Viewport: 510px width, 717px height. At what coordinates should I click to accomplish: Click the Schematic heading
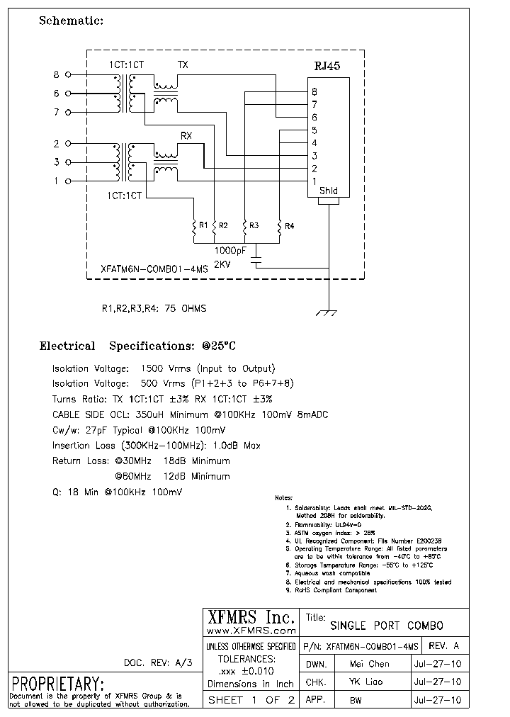[71, 21]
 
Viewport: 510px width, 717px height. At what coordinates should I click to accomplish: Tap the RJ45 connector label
[327, 67]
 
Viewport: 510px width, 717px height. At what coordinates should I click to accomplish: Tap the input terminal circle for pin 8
[68, 74]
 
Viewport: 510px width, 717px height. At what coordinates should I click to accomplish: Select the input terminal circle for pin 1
[68, 181]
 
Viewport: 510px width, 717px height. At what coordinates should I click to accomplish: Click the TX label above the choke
[183, 64]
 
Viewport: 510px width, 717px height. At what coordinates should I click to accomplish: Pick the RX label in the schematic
[186, 136]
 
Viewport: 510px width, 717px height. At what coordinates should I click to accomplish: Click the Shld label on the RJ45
[329, 191]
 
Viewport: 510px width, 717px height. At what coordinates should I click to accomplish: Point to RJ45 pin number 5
[314, 130]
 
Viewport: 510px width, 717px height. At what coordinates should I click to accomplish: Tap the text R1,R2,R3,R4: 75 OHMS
[154, 308]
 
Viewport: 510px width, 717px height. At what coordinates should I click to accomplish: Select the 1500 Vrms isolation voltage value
[162, 368]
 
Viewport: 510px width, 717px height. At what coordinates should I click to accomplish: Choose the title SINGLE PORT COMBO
[387, 626]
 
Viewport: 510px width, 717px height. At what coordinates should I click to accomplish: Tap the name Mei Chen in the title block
[369, 664]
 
